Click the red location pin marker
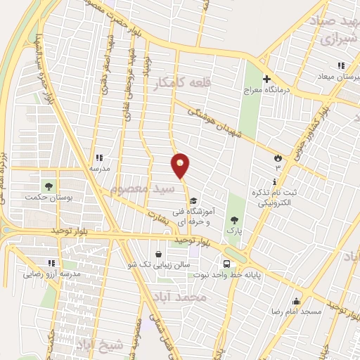click(x=181, y=165)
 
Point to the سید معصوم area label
click(x=140, y=189)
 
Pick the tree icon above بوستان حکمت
click(x=49, y=186)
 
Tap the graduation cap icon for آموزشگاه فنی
click(x=193, y=199)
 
